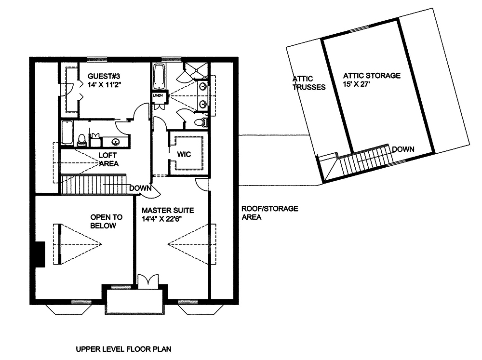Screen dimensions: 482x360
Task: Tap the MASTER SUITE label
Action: point(168,211)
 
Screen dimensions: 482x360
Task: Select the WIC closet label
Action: point(184,154)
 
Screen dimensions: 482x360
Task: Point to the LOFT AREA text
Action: point(108,159)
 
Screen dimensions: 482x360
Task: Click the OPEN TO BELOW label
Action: point(106,221)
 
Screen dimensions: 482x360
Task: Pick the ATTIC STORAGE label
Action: point(372,76)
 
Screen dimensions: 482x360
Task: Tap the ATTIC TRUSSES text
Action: point(308,83)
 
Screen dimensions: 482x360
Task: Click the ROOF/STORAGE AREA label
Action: point(269,213)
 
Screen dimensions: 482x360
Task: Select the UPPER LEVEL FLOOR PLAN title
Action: point(123,349)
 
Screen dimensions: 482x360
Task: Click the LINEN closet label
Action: point(158,95)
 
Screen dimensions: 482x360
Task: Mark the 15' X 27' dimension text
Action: point(356,84)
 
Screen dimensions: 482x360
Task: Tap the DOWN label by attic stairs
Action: point(403,149)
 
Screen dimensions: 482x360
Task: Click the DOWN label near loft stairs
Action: point(140,188)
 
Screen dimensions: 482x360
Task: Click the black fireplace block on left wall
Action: point(40,254)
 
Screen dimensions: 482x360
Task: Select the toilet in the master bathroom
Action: point(201,122)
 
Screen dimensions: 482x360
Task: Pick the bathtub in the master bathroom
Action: point(159,76)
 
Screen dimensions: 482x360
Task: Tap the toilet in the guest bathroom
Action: point(81,140)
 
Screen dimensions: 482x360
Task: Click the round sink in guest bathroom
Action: point(116,142)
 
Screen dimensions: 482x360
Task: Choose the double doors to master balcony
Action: point(148,281)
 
